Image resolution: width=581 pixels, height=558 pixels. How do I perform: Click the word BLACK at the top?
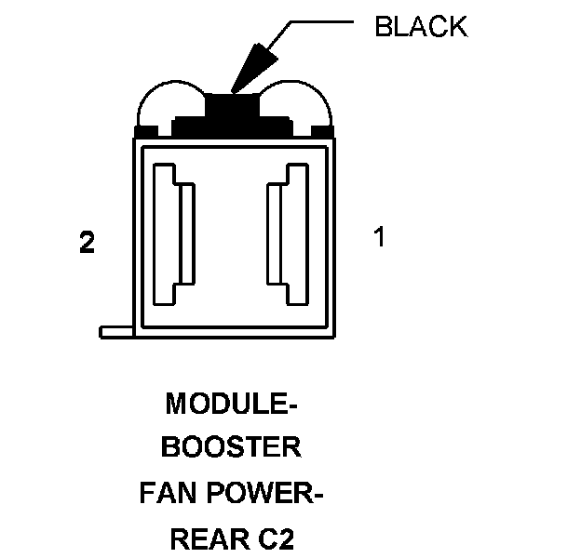(x=420, y=27)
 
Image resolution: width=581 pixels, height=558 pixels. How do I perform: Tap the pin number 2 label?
(x=87, y=244)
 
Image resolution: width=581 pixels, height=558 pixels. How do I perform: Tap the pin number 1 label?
(x=378, y=237)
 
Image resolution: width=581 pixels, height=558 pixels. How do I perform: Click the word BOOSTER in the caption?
(x=232, y=447)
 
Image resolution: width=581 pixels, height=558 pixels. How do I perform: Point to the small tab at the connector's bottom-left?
(x=116, y=331)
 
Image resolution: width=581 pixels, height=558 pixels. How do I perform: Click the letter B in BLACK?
(x=382, y=27)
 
